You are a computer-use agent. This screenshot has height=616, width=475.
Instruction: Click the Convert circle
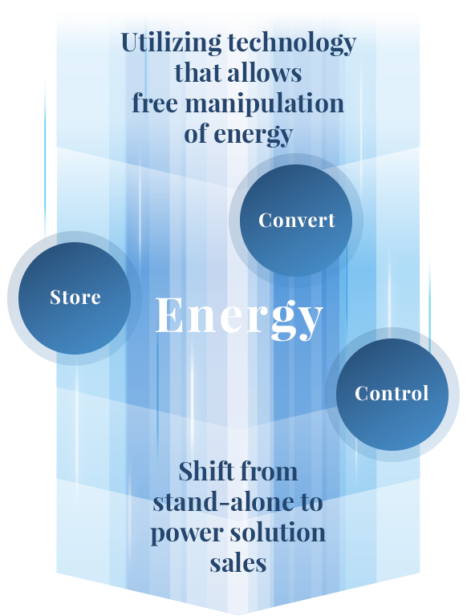point(296,221)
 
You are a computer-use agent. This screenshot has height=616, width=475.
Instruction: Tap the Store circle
point(75,298)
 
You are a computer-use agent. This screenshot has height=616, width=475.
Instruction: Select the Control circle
point(392,395)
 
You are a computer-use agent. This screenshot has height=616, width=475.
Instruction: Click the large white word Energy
point(239,318)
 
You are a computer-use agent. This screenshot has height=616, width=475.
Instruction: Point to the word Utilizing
point(171,43)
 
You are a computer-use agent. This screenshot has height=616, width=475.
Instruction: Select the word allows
point(265,73)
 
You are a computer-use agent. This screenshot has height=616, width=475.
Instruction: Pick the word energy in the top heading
point(254,135)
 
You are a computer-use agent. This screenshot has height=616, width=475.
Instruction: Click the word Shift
point(206,471)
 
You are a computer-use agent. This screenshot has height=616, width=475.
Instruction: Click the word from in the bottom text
point(269,471)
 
